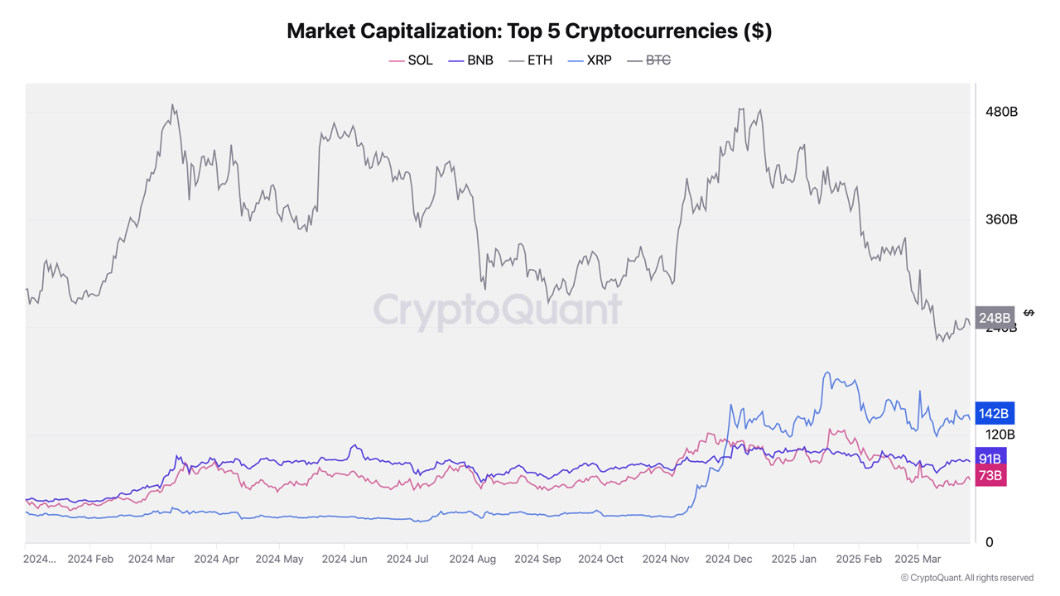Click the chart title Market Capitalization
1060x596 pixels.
(529, 31)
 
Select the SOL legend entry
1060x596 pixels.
(412, 60)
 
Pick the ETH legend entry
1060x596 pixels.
(531, 60)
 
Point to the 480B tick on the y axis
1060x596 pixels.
(1001, 112)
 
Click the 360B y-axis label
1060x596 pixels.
(1001, 219)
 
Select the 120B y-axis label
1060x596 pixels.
(1000, 435)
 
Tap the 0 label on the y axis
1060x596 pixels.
(989, 542)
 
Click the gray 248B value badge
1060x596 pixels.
(995, 318)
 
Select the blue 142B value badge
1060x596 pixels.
(994, 413)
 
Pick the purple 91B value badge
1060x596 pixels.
(990, 459)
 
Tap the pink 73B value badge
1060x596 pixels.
(990, 476)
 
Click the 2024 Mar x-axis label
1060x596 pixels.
(152, 560)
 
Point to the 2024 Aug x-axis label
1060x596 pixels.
(473, 560)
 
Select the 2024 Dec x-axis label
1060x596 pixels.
(729, 560)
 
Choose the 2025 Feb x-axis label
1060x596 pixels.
(859, 560)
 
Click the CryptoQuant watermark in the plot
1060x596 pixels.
(497, 310)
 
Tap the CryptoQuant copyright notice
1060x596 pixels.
(966, 578)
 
